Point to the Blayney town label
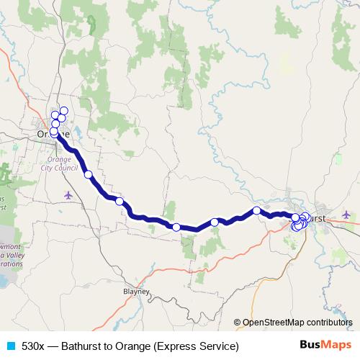[135, 292]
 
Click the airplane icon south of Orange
[68, 194]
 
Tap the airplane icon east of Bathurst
[347, 214]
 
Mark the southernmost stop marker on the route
[176, 228]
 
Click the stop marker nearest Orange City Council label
[88, 174]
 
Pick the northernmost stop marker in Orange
[63, 111]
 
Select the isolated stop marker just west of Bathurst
[256, 210]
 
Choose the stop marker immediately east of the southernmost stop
[215, 222]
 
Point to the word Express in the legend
[167, 346]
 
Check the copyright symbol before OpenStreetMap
[238, 322]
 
